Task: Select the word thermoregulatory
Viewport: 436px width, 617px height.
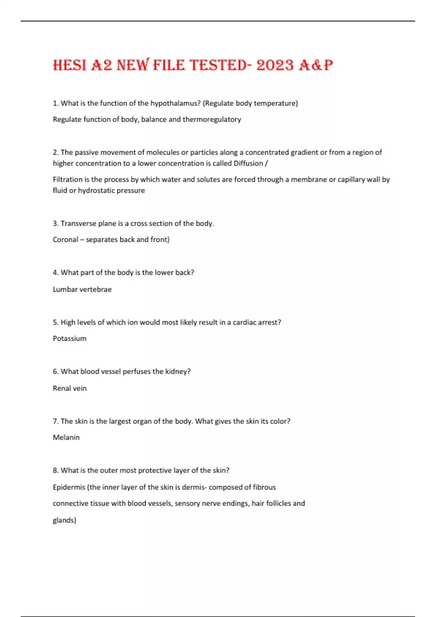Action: point(212,119)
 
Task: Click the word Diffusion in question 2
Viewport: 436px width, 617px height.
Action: point(249,163)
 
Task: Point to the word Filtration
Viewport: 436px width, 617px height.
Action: point(67,179)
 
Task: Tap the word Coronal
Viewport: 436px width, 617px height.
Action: point(65,240)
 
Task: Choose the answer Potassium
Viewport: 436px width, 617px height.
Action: point(70,339)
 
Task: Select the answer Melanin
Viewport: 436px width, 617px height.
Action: point(66,437)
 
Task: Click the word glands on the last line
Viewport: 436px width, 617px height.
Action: point(63,520)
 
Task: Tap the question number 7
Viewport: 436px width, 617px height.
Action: point(55,421)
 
